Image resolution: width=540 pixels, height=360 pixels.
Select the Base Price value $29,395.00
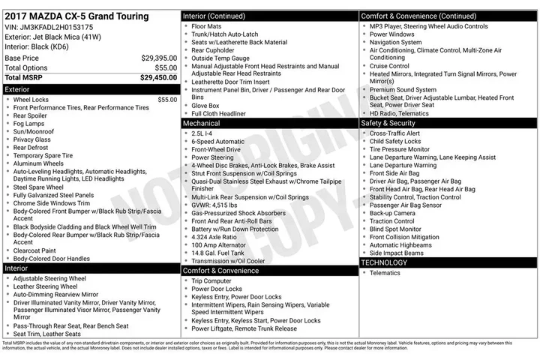[x=159, y=58]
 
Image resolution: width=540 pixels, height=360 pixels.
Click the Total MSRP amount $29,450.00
[x=158, y=77]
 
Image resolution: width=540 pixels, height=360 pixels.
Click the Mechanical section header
[x=201, y=122]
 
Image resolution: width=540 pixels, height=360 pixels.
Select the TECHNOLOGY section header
[x=384, y=262]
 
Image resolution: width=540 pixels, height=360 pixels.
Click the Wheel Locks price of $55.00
[x=167, y=99]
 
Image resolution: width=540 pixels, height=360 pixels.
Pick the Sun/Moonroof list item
[x=33, y=131]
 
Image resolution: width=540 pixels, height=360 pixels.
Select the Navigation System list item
[x=395, y=43]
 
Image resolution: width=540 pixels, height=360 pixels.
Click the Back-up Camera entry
[x=391, y=213]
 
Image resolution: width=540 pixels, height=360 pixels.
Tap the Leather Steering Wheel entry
[x=45, y=286]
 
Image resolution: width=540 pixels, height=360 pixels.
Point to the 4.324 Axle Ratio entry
[x=214, y=237]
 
